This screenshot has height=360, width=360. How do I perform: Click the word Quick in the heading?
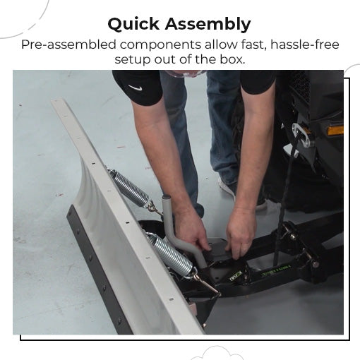(133, 24)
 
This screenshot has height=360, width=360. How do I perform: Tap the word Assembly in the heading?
(208, 24)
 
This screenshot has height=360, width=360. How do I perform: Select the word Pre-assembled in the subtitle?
(68, 44)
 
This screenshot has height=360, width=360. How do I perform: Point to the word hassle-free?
(305, 44)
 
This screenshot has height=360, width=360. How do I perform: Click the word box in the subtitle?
(232, 59)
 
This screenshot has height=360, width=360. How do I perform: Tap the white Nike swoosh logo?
(136, 88)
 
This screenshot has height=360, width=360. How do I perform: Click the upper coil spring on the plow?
(129, 188)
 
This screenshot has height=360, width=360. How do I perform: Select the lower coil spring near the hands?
(169, 253)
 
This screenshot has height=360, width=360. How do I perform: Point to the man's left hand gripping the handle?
(191, 232)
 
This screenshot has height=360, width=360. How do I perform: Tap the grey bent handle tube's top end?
(166, 197)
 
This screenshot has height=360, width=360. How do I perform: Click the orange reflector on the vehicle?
(335, 131)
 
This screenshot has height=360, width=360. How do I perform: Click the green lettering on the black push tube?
(276, 271)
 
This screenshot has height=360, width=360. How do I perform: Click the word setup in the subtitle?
(133, 59)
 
